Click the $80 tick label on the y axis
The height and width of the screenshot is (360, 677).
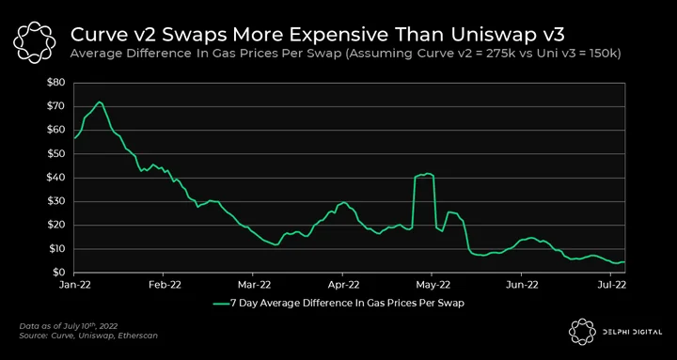(55, 83)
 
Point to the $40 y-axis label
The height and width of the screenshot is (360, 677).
(55, 178)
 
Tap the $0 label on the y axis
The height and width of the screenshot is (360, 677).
(58, 273)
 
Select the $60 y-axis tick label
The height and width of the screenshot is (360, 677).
(55, 131)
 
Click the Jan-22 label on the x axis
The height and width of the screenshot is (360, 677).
(74, 285)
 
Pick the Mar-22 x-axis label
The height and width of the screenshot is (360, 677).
(253, 285)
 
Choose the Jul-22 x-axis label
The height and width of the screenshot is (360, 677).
(610, 285)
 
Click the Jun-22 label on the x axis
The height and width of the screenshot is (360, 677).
(521, 285)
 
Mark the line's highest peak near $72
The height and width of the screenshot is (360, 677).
(100, 102)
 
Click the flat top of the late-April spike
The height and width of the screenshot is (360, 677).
(424, 175)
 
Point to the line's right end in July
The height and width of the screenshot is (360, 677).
(624, 262)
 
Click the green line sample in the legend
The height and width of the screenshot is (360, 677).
(223, 304)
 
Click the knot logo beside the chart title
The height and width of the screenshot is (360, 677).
(35, 41)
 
